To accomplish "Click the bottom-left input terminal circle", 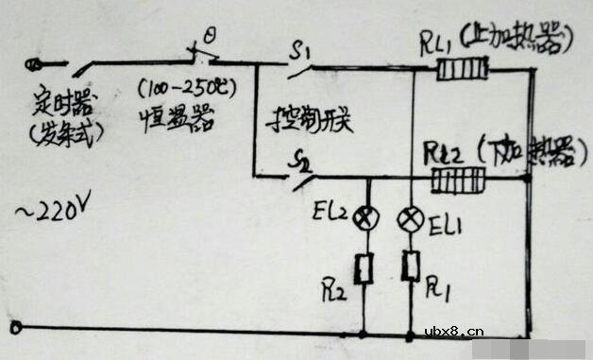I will (16, 329).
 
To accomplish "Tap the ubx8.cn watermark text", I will (454, 331).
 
